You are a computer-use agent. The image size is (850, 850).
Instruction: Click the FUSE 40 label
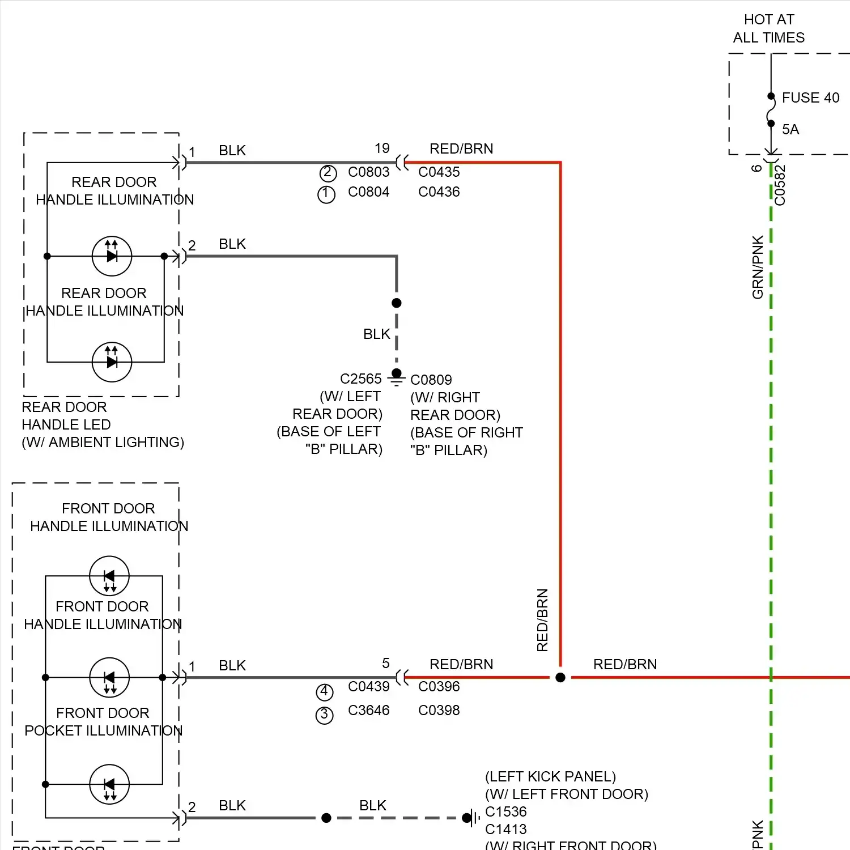(810, 98)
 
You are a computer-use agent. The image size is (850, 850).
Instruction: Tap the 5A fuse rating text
(790, 130)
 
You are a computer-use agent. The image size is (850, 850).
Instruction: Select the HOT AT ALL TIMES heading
(769, 29)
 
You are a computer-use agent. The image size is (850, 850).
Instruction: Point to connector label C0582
(780, 185)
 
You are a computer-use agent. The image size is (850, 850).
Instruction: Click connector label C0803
(368, 172)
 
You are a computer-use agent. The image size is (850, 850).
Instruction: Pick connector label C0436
(439, 192)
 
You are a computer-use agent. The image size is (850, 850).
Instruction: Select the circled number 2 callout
(328, 173)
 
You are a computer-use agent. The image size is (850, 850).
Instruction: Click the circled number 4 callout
(324, 692)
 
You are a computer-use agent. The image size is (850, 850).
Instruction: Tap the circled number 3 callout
(324, 715)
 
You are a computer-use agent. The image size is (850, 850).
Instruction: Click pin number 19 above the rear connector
(382, 148)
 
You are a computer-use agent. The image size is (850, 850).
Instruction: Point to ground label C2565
(361, 379)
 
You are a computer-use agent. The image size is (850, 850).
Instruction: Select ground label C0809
(431, 380)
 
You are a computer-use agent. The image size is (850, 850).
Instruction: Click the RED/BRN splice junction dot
(560, 677)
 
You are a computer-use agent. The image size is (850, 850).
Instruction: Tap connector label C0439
(368, 687)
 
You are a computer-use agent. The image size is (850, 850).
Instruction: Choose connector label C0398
(439, 711)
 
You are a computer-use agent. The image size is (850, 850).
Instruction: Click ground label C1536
(506, 812)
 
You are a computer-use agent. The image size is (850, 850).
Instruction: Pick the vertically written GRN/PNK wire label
(758, 267)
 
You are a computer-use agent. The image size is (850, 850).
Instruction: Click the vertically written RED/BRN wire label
(542, 620)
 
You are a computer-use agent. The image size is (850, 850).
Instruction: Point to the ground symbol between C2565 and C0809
(397, 376)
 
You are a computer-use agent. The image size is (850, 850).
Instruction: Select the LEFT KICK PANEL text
(550, 777)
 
